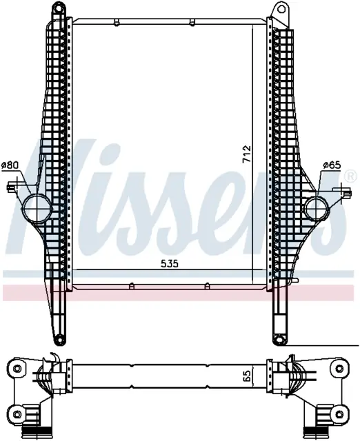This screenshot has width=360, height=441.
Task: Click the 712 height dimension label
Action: coord(247,154)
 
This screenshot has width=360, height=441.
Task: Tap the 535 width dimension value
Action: coord(170,263)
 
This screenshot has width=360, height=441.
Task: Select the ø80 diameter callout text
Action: coord(10,165)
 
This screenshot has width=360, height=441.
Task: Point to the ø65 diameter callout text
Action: coord(332,165)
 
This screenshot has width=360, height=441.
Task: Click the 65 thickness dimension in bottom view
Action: coord(246,376)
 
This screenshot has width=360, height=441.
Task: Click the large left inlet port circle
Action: coord(37,209)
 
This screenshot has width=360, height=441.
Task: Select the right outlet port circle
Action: coord(317,209)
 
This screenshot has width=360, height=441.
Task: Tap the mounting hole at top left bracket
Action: coord(58,8)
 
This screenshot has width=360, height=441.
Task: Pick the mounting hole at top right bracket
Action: coord(281,9)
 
